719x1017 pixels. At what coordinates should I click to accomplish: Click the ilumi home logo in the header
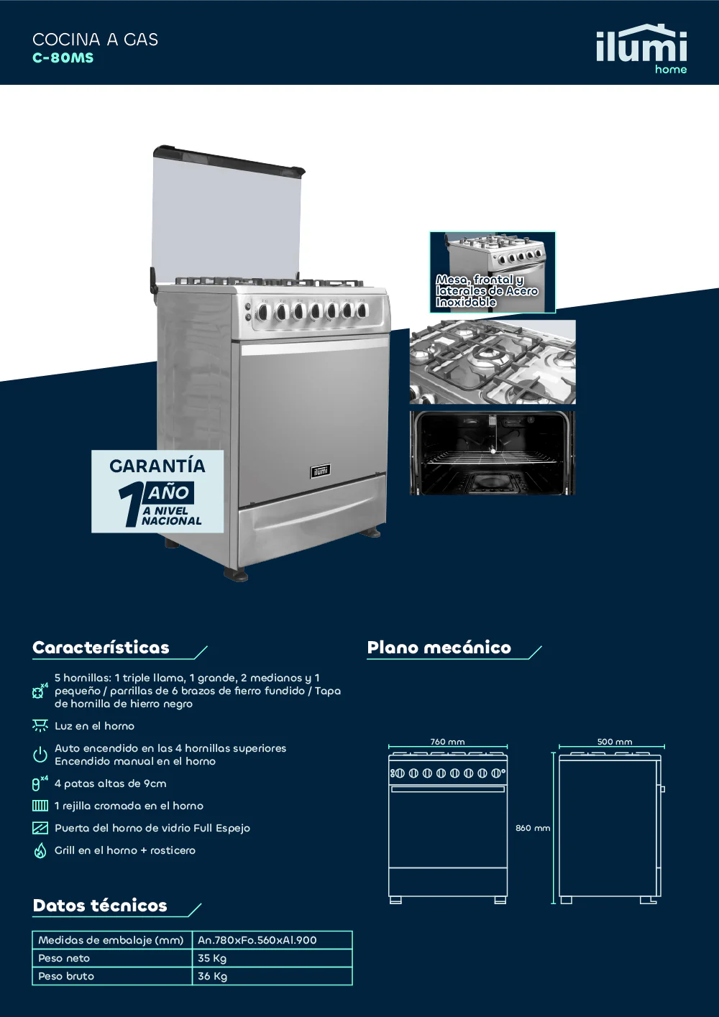[x=641, y=49]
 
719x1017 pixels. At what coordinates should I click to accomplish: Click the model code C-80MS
[x=63, y=58]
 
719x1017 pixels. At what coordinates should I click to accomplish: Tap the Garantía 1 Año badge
[x=157, y=491]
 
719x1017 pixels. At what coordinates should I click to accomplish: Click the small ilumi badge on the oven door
[x=320, y=471]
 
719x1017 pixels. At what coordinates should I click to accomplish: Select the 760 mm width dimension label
[x=447, y=742]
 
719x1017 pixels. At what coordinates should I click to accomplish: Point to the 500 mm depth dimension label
[x=615, y=742]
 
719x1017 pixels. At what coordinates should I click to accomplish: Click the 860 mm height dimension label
[x=533, y=828]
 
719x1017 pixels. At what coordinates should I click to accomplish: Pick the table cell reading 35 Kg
[x=212, y=958]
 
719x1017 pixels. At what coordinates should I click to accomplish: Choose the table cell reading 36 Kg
[x=212, y=976]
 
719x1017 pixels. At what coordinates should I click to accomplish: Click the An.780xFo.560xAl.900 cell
[x=257, y=940]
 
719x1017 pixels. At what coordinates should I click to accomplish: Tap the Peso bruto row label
[x=66, y=976]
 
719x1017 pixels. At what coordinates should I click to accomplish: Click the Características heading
[x=101, y=648]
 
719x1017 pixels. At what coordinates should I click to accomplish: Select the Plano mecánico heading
[x=439, y=648]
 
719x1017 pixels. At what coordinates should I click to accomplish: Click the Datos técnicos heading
[x=100, y=906]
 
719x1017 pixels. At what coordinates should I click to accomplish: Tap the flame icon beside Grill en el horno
[x=40, y=850]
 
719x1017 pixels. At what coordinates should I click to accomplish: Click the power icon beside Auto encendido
[x=40, y=755]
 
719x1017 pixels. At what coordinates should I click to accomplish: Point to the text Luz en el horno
[x=94, y=725]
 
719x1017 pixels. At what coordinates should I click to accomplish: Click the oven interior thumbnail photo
[x=493, y=453]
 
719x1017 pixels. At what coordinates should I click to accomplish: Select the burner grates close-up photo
[x=493, y=362]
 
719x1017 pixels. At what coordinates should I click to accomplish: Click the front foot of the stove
[x=236, y=574]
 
